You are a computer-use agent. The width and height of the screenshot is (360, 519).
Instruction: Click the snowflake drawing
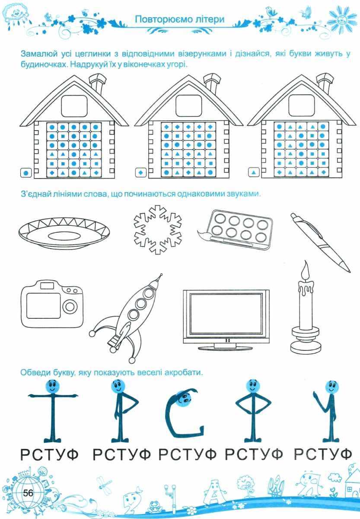[x=157, y=229]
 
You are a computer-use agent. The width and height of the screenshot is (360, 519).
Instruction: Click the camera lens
[x=70, y=307]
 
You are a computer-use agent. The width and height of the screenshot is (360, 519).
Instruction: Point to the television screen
[x=226, y=313]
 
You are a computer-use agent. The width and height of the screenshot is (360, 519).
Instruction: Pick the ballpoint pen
[x=321, y=243]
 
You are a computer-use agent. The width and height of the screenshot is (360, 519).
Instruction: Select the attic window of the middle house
[x=188, y=106]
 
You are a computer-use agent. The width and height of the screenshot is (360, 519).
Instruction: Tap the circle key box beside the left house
[x=26, y=173]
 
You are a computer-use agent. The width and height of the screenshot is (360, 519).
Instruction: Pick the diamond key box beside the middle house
[x=140, y=173]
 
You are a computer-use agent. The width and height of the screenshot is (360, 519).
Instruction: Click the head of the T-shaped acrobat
[x=53, y=386]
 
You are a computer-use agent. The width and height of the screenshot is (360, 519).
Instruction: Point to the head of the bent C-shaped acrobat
[x=184, y=399]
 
